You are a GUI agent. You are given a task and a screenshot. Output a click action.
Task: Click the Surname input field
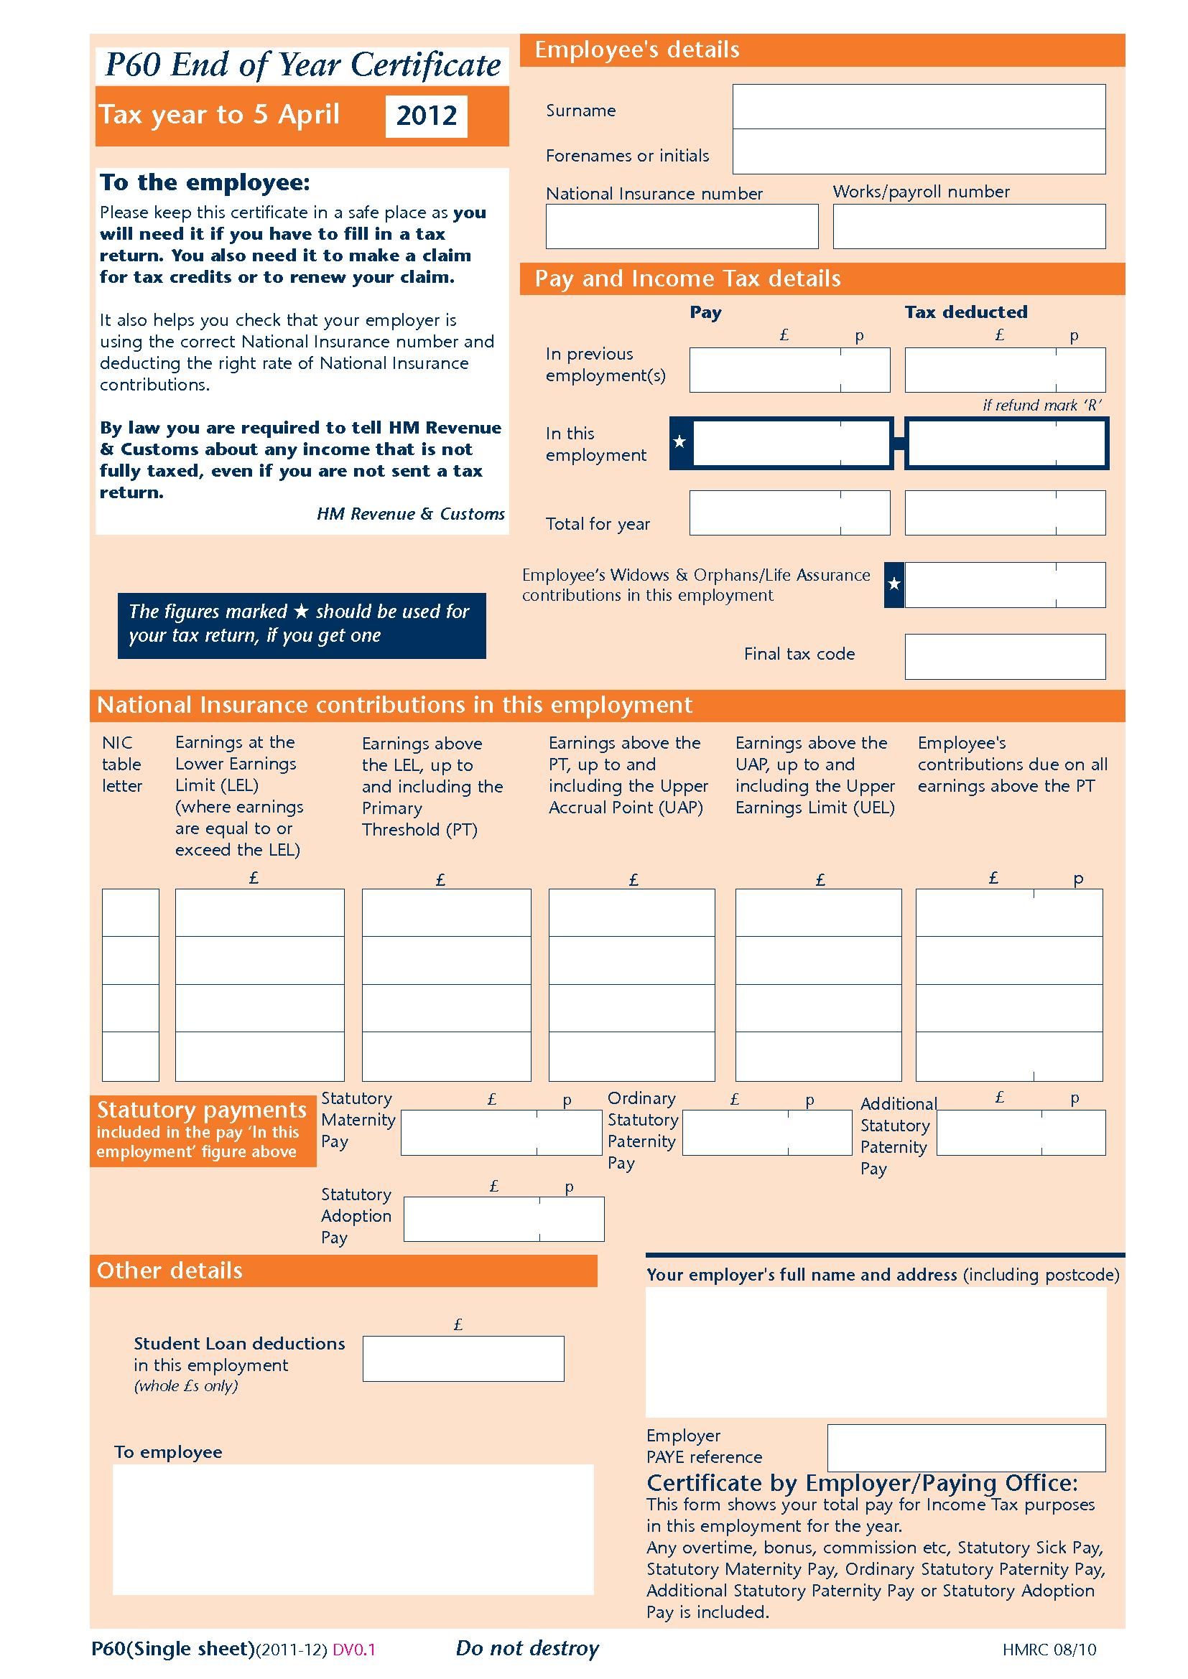point(918,107)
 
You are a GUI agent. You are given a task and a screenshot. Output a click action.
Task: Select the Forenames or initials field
point(918,152)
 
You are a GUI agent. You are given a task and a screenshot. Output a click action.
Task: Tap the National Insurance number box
point(681,227)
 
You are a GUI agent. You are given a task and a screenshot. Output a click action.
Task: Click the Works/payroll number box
point(968,227)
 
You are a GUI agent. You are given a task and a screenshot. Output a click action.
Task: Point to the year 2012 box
point(426,116)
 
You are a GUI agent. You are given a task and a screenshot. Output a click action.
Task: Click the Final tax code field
point(1004,657)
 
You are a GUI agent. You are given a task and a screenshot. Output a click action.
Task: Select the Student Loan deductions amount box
point(463,1359)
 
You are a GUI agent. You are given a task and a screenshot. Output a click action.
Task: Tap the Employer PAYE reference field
point(965,1448)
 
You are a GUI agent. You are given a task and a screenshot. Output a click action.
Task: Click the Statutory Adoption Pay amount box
point(503,1219)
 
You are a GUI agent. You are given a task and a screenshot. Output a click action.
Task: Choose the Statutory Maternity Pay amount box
point(501,1133)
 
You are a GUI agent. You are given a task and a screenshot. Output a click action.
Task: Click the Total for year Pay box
point(789,513)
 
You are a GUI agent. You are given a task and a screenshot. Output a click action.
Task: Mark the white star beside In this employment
point(679,441)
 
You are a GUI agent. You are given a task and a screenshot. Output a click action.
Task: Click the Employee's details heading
point(636,50)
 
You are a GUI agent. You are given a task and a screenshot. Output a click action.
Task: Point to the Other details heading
point(170,1271)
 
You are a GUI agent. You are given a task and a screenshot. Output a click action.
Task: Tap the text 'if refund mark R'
point(1041,405)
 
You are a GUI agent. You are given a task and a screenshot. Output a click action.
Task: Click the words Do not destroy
point(526,1648)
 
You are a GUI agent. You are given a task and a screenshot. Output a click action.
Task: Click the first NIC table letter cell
point(130,912)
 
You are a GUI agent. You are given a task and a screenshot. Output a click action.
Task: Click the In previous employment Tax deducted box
point(1004,370)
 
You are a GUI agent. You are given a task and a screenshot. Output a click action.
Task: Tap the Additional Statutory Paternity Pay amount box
point(1021,1133)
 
